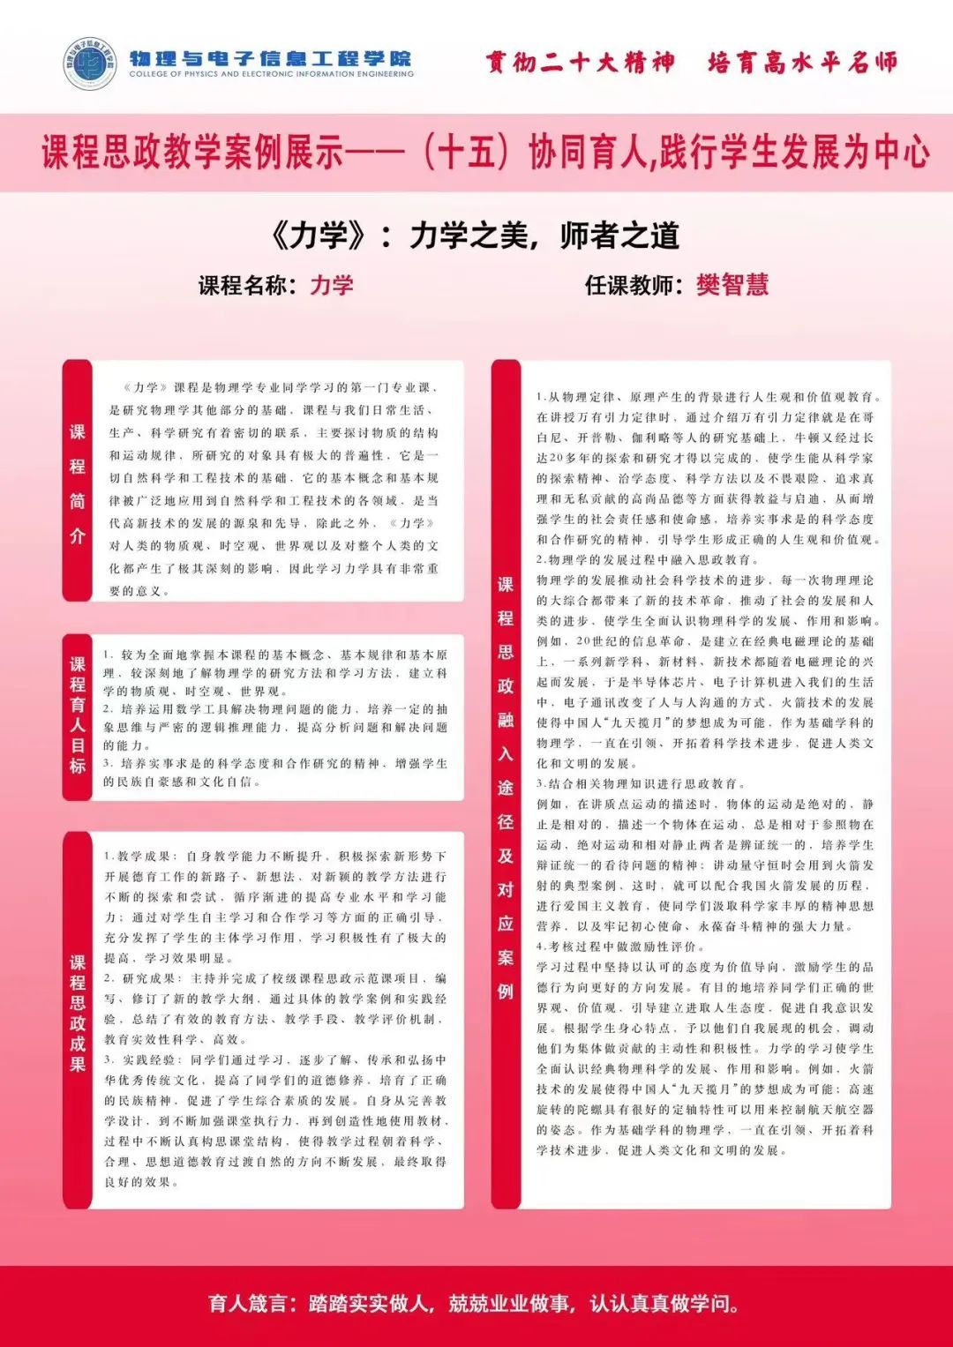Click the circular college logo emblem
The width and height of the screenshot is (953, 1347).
(x=90, y=64)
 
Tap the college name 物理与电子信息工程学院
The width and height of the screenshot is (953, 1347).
(x=270, y=59)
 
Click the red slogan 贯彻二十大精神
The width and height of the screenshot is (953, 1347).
(x=580, y=63)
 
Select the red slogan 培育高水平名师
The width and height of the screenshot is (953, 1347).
(x=802, y=63)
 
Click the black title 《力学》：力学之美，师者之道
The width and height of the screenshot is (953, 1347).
(x=476, y=236)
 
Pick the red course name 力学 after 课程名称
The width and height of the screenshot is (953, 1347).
(x=332, y=285)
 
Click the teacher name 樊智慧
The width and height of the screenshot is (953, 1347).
(x=732, y=285)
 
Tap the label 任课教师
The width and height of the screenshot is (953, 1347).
(x=634, y=285)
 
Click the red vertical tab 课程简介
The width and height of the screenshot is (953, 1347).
(x=78, y=483)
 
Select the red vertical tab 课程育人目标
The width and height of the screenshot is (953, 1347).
(x=78, y=715)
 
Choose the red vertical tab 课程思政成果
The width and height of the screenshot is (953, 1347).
(x=78, y=1014)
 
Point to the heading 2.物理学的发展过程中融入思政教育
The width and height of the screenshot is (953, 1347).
(x=647, y=559)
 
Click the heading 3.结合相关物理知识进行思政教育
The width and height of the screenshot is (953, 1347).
(x=641, y=783)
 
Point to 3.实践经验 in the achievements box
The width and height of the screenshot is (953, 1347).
(x=140, y=1059)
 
